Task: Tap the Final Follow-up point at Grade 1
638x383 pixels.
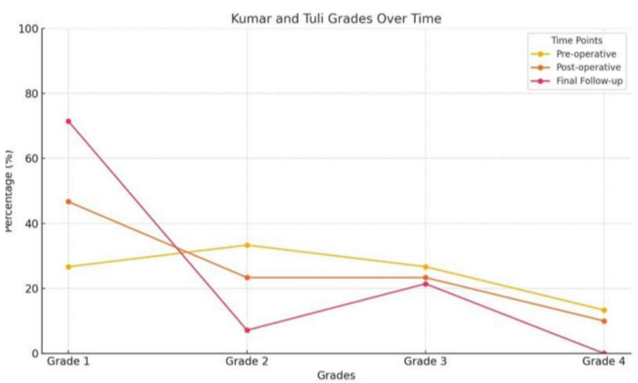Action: coord(68,121)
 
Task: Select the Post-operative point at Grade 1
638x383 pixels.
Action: coord(68,201)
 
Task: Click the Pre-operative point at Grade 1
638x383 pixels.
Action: coord(68,267)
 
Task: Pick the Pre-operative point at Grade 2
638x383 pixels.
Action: coord(247,245)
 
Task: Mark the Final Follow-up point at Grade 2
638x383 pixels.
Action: coord(247,330)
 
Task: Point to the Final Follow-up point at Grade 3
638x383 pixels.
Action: coord(425,283)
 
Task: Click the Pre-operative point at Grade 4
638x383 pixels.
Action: coord(603,310)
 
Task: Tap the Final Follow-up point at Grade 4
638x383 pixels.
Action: coord(603,353)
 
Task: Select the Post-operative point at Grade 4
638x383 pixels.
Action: coord(603,321)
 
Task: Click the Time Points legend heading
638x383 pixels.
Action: coord(576,40)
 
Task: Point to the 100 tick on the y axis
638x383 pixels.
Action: coord(28,28)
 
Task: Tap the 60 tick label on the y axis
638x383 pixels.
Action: coord(32,158)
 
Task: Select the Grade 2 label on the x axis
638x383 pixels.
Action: coord(247,363)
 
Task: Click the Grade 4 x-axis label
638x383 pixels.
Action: coord(603,363)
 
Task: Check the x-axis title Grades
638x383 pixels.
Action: coord(335,376)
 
